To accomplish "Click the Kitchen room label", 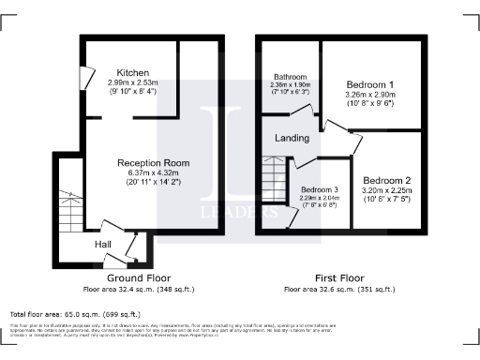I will point(132,73).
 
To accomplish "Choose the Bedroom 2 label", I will point(387,179).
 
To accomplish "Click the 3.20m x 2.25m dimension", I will point(387,190).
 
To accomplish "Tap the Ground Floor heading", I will point(137,278).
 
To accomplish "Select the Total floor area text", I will point(75,314).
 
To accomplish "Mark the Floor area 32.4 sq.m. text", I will point(137,290).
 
